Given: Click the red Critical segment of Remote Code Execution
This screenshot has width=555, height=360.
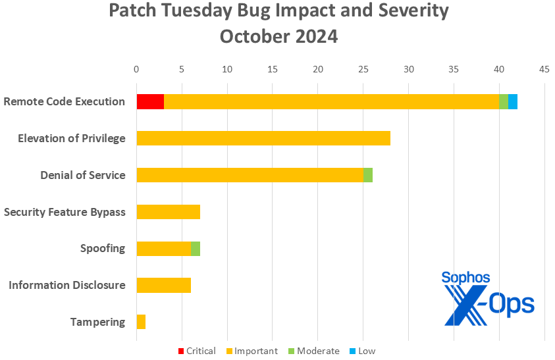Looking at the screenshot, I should point(150,101).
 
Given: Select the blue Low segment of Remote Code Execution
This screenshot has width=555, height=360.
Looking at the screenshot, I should point(513,101).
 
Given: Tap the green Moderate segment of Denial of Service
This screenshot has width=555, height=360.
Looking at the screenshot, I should point(368,175).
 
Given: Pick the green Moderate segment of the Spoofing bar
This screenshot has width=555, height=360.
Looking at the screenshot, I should point(196,249).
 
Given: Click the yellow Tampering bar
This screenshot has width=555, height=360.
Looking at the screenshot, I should point(141,322).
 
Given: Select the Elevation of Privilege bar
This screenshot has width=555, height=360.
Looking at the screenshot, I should point(263,138).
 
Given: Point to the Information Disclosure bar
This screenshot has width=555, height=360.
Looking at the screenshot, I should point(163,285).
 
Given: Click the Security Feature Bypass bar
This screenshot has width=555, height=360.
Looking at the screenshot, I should point(168,212).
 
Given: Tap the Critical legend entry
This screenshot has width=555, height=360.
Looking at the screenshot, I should point(197,351).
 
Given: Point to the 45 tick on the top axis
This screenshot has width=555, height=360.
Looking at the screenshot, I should point(544,68).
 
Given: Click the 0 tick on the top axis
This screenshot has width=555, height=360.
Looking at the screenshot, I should point(136,68).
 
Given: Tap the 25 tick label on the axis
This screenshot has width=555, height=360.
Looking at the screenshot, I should point(363,68).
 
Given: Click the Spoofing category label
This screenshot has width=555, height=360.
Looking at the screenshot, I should point(103,248).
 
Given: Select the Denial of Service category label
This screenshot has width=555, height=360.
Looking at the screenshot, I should point(82,175).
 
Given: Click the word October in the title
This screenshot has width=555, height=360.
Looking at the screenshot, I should point(253,36).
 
